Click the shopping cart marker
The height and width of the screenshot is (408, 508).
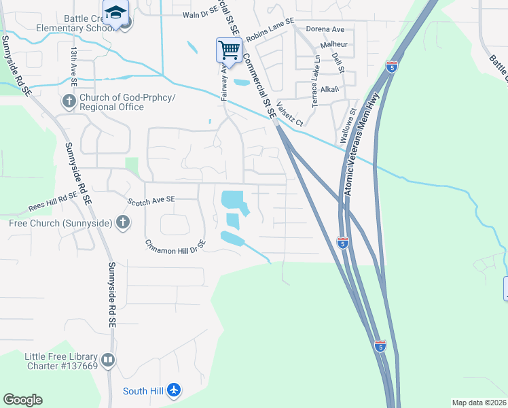[229, 50]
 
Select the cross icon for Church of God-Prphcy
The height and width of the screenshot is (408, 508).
[69, 102]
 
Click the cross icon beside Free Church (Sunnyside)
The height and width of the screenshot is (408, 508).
[123, 222]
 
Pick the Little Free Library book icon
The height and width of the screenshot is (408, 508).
[107, 360]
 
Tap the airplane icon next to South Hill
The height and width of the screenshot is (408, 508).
[175, 390]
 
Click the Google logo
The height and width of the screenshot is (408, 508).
[22, 400]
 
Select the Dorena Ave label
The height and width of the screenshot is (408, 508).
[325, 29]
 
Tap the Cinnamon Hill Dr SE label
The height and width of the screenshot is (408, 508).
[175, 243]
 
